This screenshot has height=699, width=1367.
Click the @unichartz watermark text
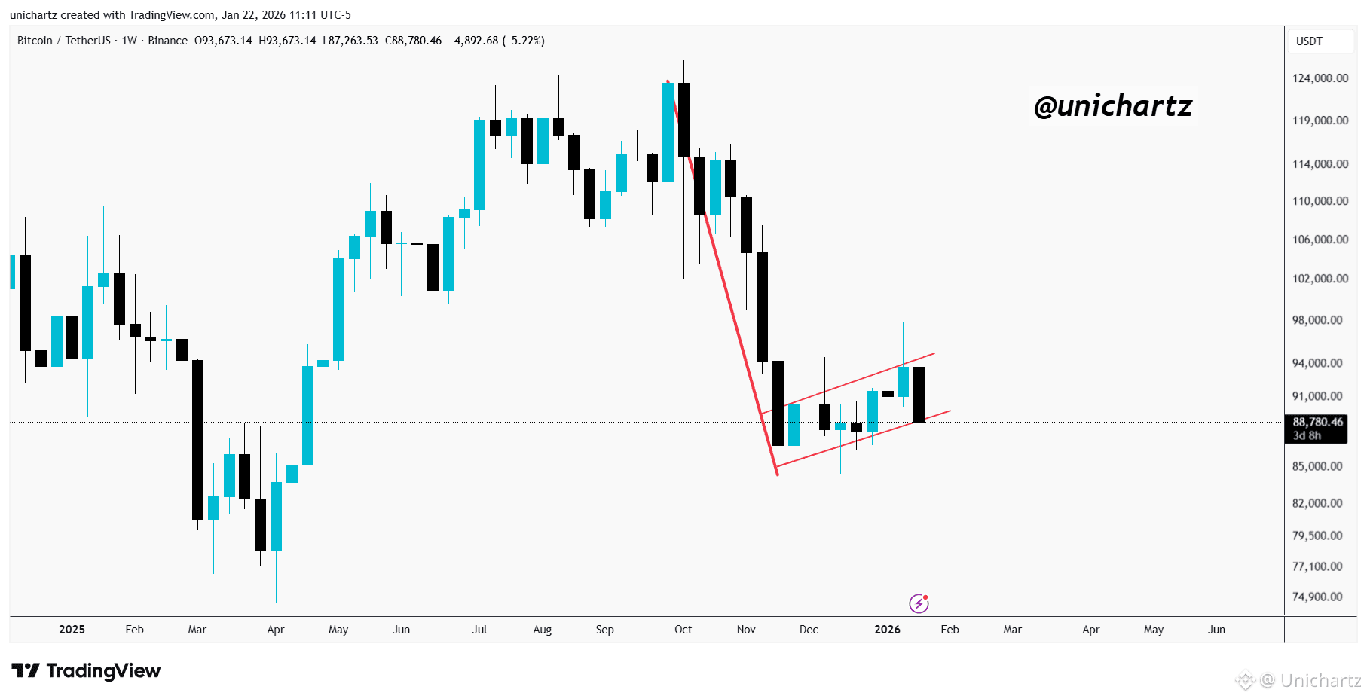(1113, 106)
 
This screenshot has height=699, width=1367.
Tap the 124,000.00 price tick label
(1320, 78)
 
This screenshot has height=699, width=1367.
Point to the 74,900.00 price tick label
(1317, 597)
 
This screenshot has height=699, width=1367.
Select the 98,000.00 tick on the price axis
(1317, 320)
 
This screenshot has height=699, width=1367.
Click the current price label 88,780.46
(1318, 422)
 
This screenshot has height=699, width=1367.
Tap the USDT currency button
(1309, 41)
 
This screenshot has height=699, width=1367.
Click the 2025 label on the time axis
(72, 630)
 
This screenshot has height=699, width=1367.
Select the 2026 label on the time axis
(887, 630)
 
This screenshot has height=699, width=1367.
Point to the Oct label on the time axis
(683, 630)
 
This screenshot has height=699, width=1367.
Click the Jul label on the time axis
(479, 630)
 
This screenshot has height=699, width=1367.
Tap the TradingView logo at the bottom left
(86, 670)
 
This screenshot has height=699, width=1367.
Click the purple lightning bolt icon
(919, 603)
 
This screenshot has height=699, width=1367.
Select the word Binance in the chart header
(167, 41)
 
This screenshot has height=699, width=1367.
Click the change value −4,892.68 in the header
(473, 41)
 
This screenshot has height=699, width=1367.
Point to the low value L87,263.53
(350, 41)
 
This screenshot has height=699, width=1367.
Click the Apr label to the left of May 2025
(276, 630)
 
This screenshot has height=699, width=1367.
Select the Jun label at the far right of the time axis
(1216, 630)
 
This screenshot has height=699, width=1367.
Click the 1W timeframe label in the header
(130, 41)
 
